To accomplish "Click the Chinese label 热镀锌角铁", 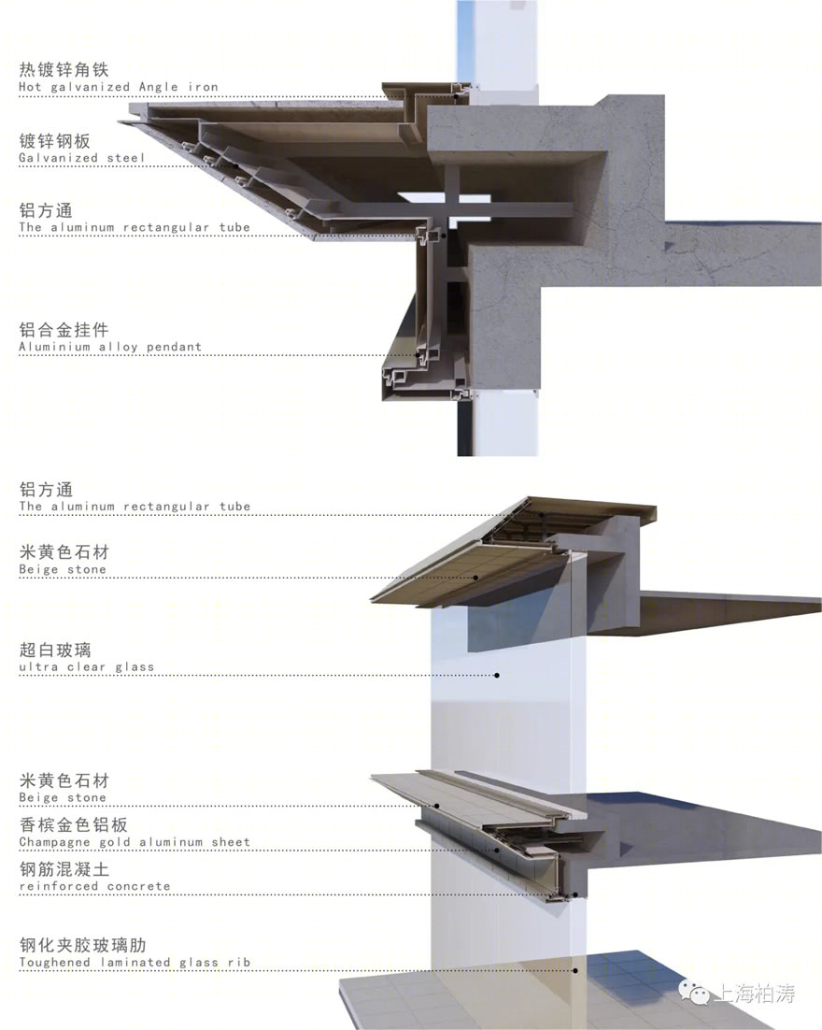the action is (64, 69).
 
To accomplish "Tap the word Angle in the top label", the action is (158, 87).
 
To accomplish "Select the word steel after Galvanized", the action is (125, 158).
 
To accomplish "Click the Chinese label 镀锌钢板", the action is (54, 141).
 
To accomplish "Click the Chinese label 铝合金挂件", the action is (64, 330).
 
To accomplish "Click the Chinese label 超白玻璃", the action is (55, 651).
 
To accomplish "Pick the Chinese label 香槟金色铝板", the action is (74, 825).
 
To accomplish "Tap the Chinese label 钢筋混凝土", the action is (64, 869).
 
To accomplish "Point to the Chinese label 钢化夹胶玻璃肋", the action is (83, 945).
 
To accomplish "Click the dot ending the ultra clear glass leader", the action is (497, 675).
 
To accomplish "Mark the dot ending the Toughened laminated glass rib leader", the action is (575, 970).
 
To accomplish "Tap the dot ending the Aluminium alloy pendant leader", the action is (418, 355).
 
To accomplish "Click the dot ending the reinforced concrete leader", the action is (575, 894).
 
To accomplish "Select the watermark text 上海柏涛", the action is (755, 993).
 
